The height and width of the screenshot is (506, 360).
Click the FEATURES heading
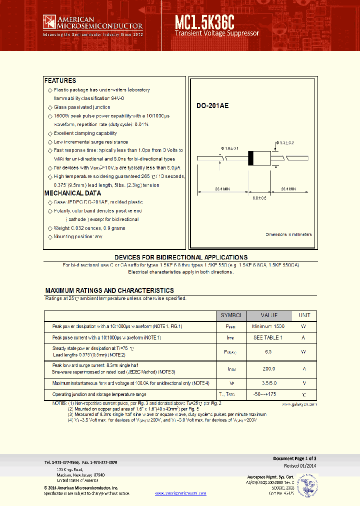click(60, 80)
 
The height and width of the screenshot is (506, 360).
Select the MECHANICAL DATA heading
click(72, 193)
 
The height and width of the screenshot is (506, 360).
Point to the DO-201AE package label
click(212, 106)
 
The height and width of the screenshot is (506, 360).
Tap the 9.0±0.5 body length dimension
click(259, 198)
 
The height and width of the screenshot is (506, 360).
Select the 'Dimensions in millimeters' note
click(288, 234)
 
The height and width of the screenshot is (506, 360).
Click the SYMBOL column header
click(231, 315)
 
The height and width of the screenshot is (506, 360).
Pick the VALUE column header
click(268, 315)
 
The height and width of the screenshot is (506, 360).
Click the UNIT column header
click(304, 315)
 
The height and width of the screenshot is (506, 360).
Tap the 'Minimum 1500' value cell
click(268, 326)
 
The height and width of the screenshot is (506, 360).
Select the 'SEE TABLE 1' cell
click(268, 338)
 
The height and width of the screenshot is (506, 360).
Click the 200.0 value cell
click(268, 368)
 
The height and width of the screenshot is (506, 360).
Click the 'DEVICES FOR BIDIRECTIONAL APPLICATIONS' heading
click(180, 257)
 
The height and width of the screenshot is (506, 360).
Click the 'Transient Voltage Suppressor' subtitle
click(217, 33)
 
